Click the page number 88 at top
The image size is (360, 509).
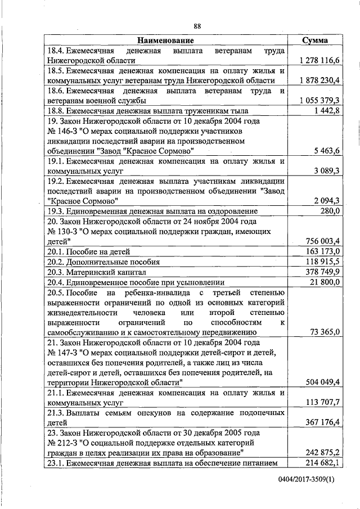pyautogui.click(x=197, y=26)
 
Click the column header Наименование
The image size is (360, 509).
pyautogui.click(x=165, y=40)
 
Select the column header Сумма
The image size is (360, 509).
pyautogui.click(x=315, y=40)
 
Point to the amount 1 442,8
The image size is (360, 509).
pyautogui.click(x=327, y=111)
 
